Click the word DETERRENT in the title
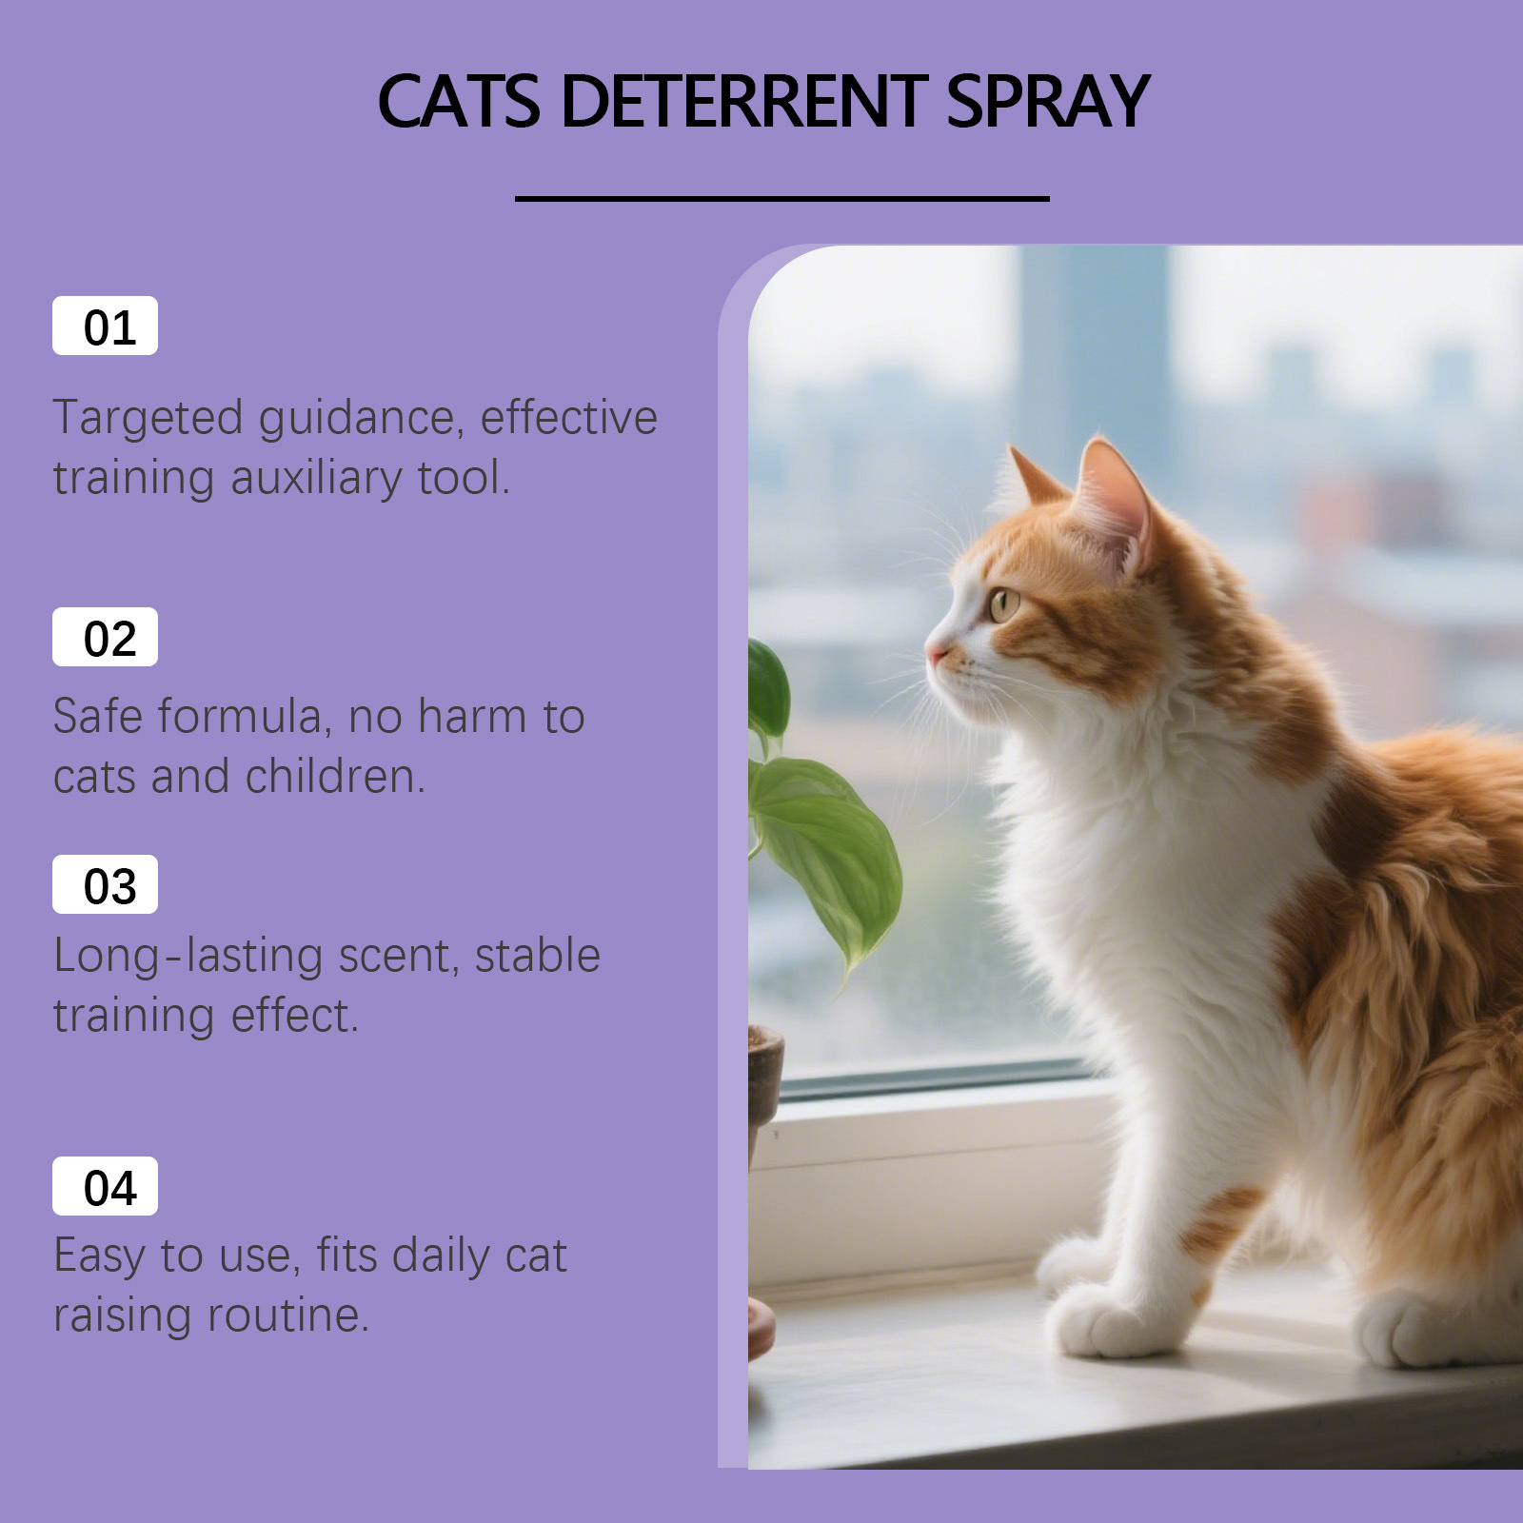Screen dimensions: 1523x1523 [744, 101]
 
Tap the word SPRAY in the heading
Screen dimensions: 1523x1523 [1048, 101]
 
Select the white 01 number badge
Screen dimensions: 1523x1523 [105, 326]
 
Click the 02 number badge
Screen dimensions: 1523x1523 [105, 637]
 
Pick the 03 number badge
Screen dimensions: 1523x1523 [105, 884]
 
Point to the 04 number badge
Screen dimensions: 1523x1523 [105, 1186]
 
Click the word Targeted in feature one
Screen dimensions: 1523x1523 [148, 420]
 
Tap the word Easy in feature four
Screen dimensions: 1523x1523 [100, 1256]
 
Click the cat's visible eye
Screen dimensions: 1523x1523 [1004, 603]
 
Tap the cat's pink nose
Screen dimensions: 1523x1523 [935, 655]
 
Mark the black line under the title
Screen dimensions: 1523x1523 [782, 199]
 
